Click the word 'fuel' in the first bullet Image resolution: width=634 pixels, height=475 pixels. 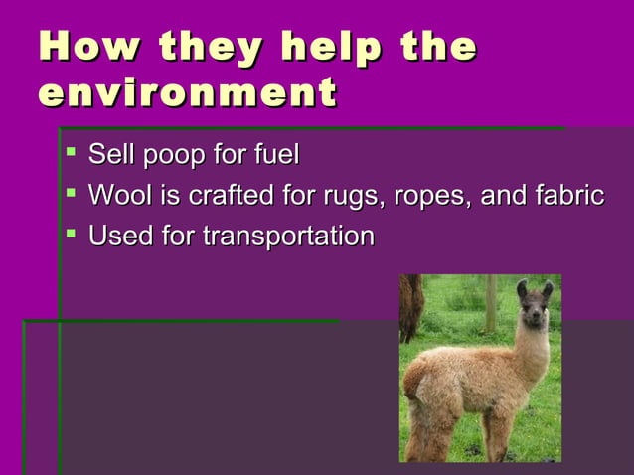275,156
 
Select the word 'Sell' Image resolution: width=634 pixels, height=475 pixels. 111,156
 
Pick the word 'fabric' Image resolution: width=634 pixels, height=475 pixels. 565,196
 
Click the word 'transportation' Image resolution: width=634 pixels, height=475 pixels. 288,237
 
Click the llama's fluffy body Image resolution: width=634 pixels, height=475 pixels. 462,383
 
